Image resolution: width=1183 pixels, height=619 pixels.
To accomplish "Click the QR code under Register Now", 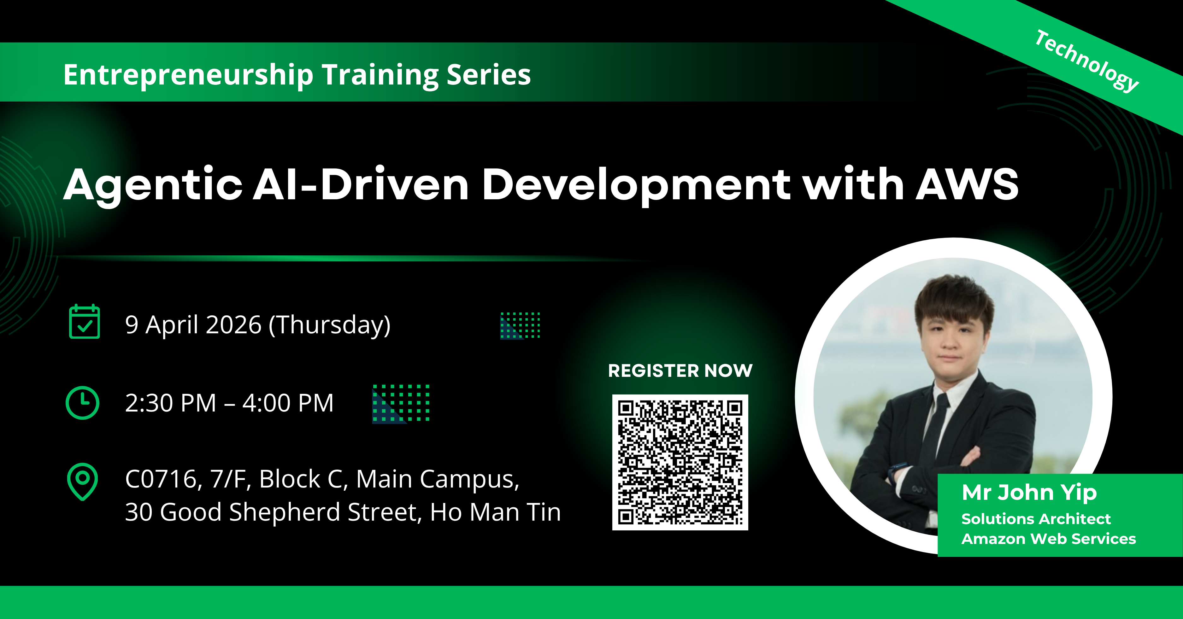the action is click(680, 462).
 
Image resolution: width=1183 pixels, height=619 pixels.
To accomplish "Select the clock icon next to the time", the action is click(83, 403).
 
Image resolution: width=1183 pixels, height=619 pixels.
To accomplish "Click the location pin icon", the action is click(83, 482).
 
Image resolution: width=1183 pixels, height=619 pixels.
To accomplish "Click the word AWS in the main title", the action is click(967, 184).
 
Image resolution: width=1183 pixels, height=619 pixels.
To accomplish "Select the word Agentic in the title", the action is click(153, 186).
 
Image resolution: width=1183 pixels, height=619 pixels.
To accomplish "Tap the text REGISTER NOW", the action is click(680, 371).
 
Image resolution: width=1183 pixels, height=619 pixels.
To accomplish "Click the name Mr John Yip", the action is click(1029, 493).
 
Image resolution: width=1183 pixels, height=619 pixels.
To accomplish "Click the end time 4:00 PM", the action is click(288, 403).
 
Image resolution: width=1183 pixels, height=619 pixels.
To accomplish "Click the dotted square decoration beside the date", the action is click(520, 325).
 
